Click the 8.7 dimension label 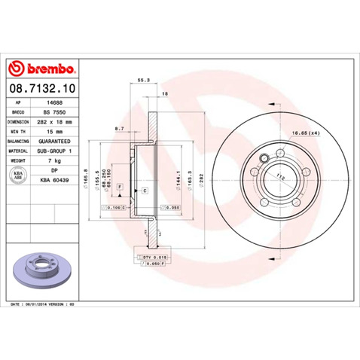[119, 129]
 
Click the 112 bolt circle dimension [280, 178]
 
